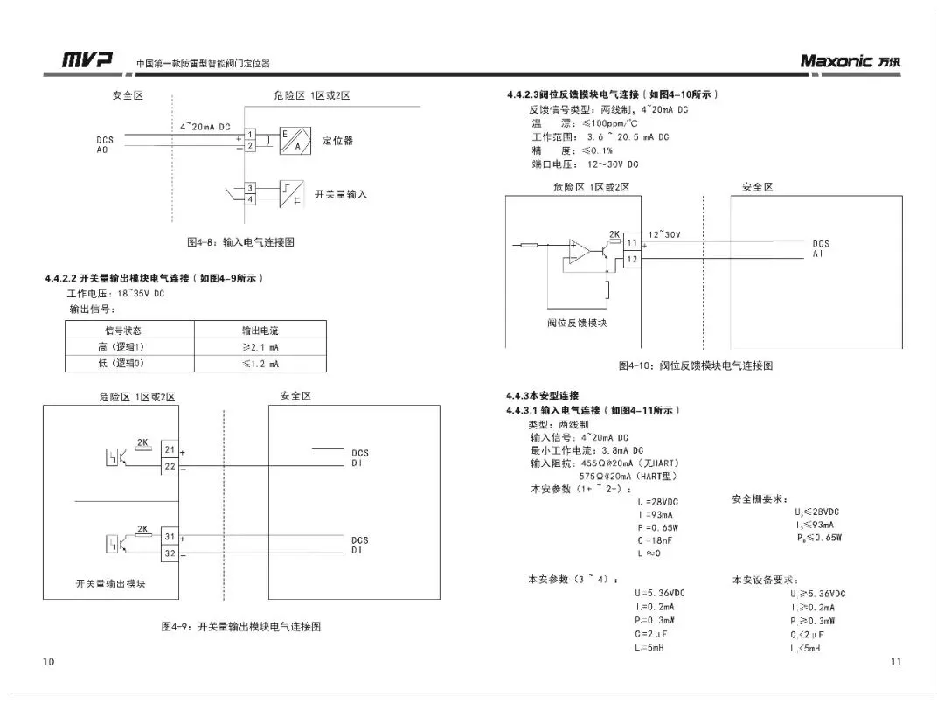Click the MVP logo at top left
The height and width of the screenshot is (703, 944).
(x=87, y=60)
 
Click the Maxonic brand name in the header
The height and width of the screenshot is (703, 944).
(x=836, y=60)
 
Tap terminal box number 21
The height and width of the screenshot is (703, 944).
(x=170, y=450)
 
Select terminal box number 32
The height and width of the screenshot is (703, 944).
(x=170, y=553)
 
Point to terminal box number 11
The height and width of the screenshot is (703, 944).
(x=632, y=242)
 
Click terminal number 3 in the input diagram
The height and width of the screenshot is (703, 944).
(x=250, y=188)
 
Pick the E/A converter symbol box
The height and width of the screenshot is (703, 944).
(x=295, y=140)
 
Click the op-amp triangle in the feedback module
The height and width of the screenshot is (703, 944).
(x=578, y=251)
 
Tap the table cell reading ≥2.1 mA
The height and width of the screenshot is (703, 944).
(x=260, y=347)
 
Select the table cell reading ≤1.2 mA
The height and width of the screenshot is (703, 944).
(x=260, y=363)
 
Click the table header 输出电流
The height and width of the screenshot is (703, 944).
(x=260, y=331)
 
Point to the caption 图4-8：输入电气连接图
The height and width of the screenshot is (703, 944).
(x=240, y=242)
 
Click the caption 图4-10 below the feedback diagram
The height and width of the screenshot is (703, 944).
(x=695, y=365)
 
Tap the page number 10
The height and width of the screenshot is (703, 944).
(x=48, y=662)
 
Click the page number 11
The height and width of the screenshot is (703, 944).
(x=896, y=662)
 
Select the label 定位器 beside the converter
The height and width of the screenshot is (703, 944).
(x=337, y=141)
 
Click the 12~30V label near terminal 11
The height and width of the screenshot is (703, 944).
(x=663, y=234)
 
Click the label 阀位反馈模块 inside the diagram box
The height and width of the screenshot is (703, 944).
(x=577, y=323)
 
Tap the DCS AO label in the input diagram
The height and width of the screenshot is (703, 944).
(x=105, y=145)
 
